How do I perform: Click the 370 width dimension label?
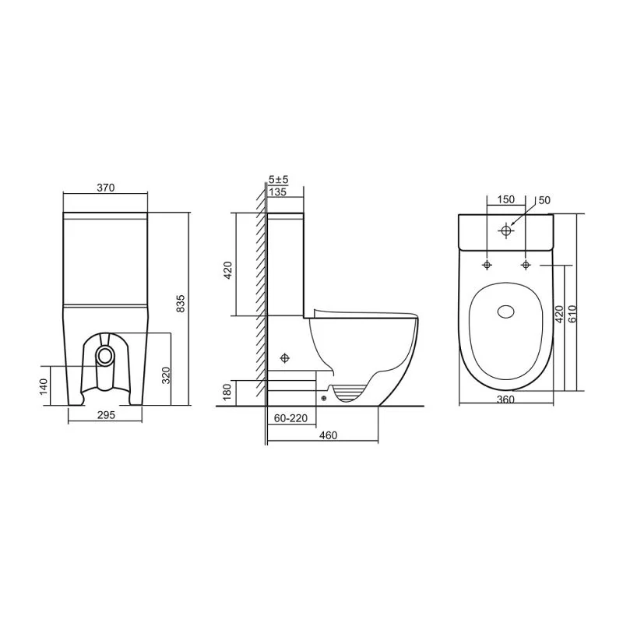106,187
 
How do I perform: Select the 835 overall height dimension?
181,303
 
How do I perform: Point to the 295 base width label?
106,415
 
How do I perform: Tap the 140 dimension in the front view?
44,386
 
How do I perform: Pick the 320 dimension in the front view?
166,375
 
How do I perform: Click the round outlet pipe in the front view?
105,354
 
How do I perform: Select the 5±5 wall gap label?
278,180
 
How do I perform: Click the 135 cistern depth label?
277,192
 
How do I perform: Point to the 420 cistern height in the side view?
228,270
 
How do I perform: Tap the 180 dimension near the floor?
227,392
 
